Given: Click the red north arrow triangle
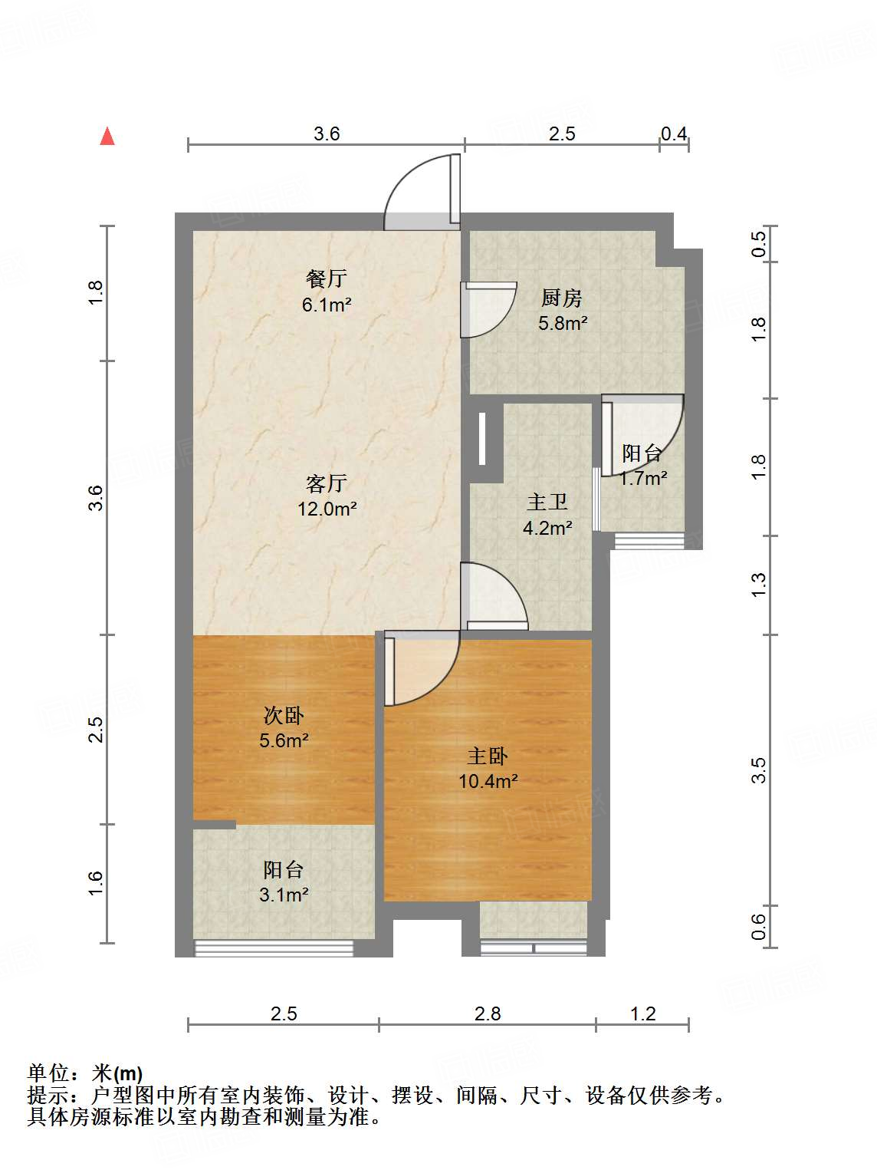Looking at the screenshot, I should point(107,137).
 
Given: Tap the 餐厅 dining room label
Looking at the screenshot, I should point(326,278).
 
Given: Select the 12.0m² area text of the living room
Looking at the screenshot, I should point(327,509).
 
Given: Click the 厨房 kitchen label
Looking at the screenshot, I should point(562,298).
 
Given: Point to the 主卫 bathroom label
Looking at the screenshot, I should point(547,503).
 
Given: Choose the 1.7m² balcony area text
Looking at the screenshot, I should point(642,479).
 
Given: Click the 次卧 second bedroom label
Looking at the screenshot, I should point(284,716).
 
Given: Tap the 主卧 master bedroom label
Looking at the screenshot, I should point(488,756).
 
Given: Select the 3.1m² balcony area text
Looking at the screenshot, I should point(284,895).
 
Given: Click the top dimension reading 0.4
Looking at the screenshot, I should point(674,134).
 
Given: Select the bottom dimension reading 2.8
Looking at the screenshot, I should point(488,1013).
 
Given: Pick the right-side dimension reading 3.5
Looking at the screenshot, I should point(758,770).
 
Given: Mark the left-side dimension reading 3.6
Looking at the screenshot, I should point(95,498).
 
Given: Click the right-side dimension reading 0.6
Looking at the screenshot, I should point(758,927).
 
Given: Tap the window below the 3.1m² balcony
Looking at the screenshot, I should point(274,948).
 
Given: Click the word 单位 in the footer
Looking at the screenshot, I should point(48,1073).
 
